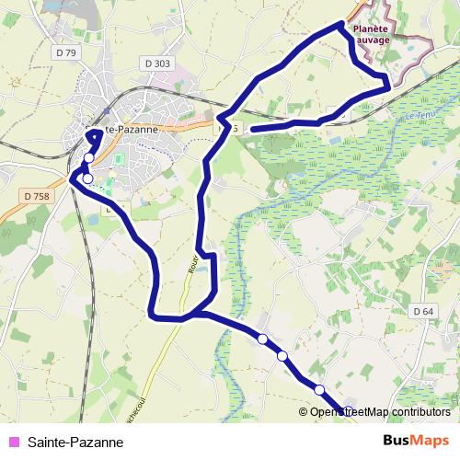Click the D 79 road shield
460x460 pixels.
(x=64, y=53)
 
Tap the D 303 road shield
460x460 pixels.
(x=157, y=63)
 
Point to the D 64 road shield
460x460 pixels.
(x=423, y=311)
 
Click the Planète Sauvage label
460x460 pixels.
(x=372, y=35)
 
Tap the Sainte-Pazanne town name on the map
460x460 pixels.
(x=124, y=130)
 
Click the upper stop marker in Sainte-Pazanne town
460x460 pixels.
(x=89, y=158)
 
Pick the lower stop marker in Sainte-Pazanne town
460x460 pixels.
(x=87, y=178)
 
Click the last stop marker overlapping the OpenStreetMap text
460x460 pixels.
(x=349, y=410)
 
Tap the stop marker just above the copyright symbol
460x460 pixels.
(x=319, y=390)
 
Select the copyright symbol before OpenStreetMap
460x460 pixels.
(x=316, y=411)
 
